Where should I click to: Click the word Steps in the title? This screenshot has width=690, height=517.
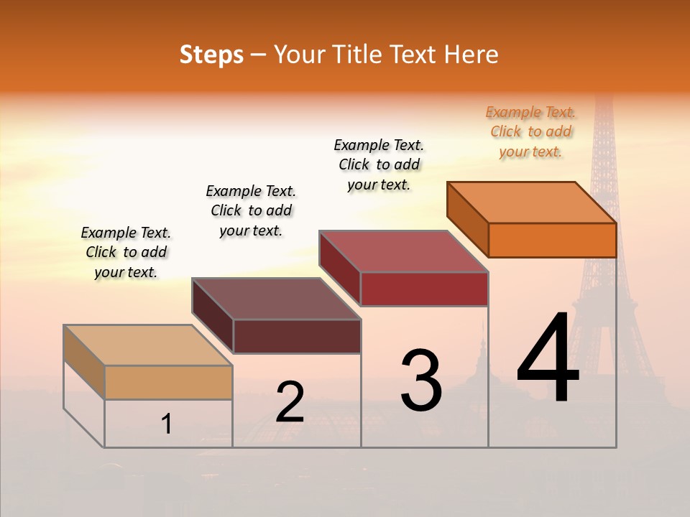click(211, 55)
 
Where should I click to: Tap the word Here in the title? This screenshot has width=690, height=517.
click(471, 55)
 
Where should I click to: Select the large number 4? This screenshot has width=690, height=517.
click(548, 359)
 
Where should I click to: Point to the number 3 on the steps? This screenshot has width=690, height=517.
click(421, 381)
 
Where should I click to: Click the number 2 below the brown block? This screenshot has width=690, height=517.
click(290, 403)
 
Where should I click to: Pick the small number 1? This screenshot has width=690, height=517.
click(167, 424)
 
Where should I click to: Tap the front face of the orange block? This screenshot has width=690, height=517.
click(552, 240)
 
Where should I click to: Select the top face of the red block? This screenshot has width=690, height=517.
click(404, 251)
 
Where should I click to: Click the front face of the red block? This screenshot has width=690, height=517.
click(424, 289)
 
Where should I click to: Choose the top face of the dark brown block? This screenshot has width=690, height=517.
click(276, 299)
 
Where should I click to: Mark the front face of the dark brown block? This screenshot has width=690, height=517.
click(297, 336)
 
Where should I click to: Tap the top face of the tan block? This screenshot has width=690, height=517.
click(148, 345)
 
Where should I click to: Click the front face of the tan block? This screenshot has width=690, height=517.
click(168, 382)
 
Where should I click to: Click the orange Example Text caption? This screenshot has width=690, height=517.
click(530, 131)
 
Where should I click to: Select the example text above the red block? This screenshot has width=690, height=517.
click(379, 164)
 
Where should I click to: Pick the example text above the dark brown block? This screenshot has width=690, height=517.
click(251, 210)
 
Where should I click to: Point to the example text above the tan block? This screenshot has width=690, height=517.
click(126, 252)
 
